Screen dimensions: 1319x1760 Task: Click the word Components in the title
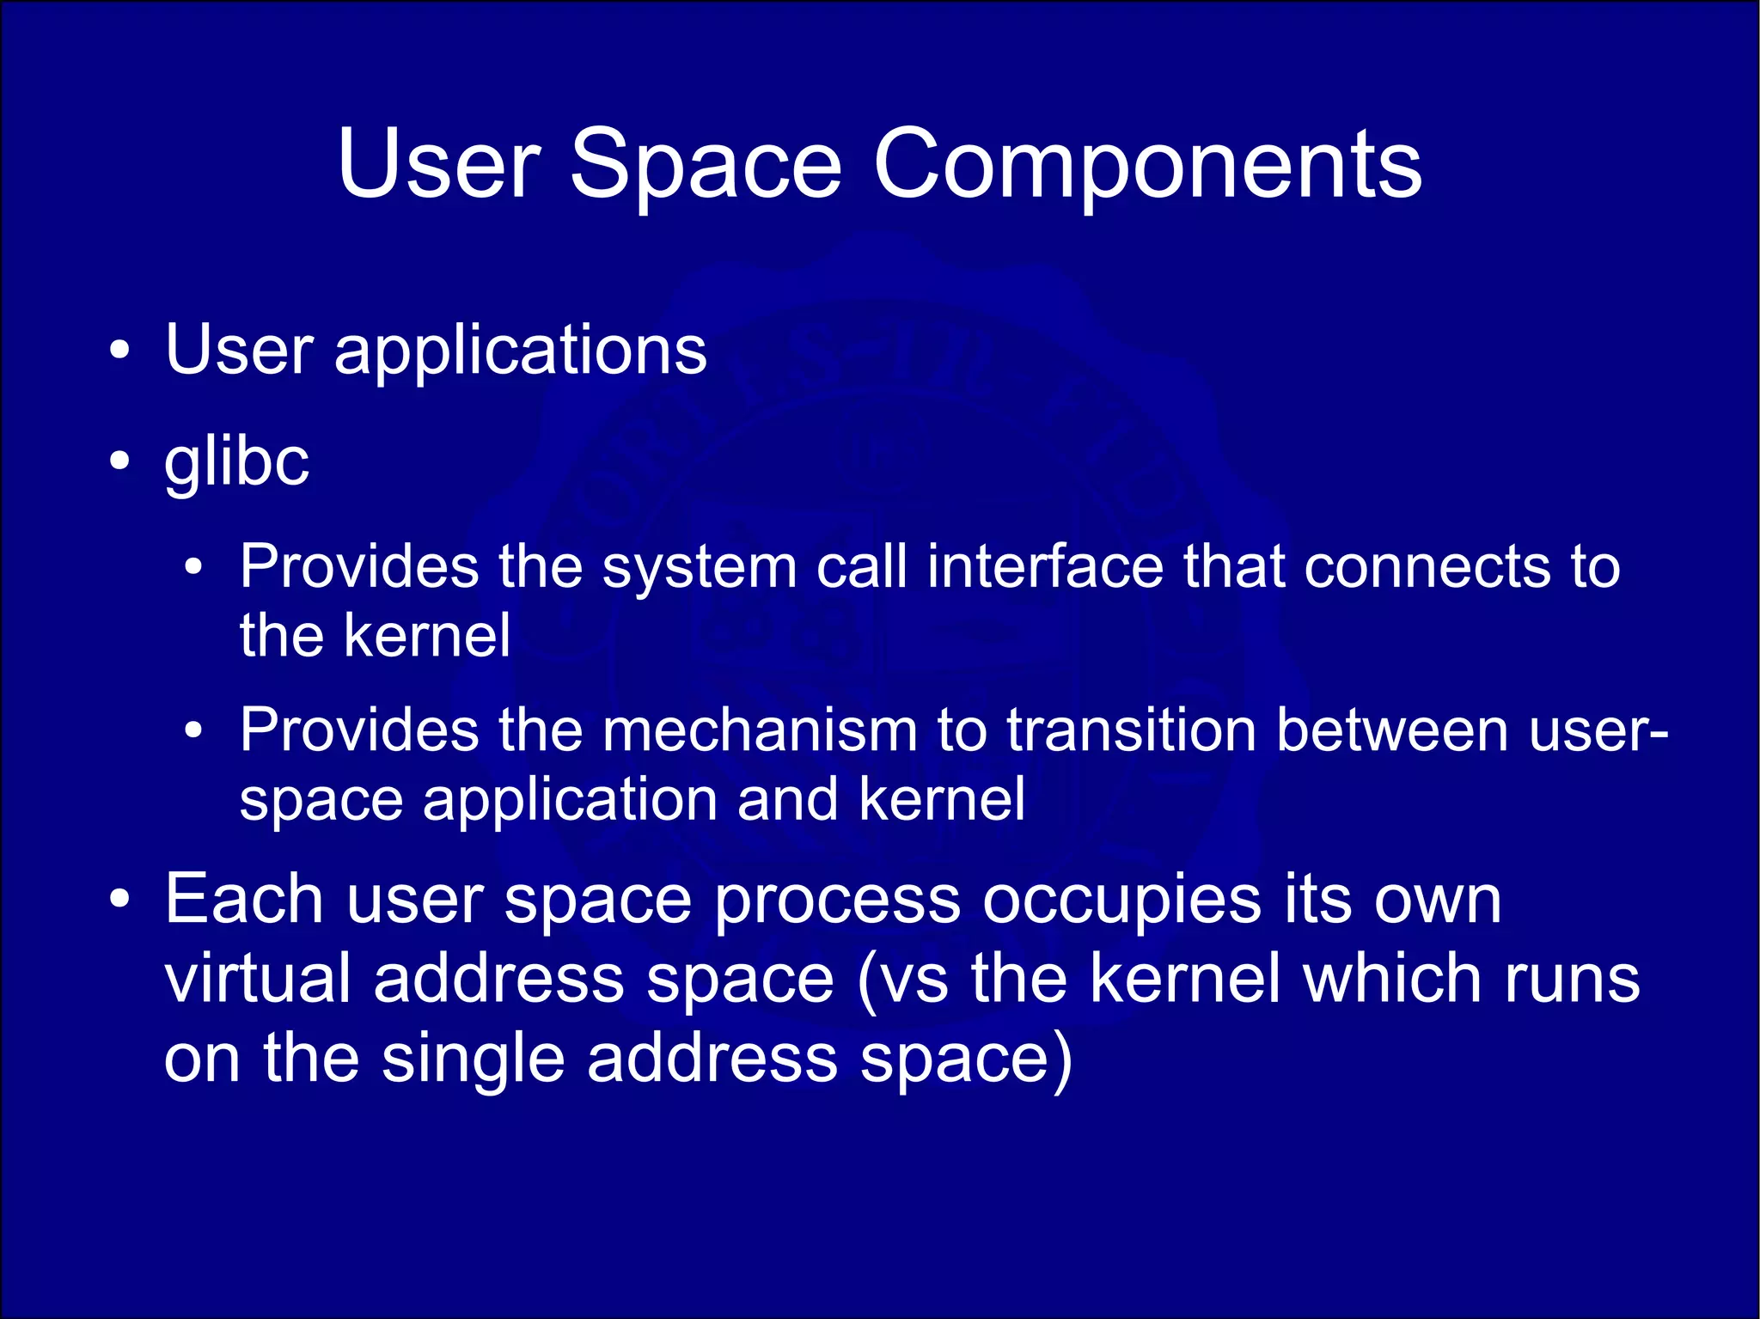click(1147, 166)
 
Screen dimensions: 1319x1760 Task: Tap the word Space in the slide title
click(705, 166)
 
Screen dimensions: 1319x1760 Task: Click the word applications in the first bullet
click(520, 351)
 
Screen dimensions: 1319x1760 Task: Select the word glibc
click(236, 462)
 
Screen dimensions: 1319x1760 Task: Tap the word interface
click(1045, 567)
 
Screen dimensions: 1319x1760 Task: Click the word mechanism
click(760, 730)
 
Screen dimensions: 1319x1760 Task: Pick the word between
click(1392, 730)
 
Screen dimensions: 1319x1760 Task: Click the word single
click(474, 1059)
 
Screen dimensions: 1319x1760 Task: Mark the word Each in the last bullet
click(244, 899)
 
